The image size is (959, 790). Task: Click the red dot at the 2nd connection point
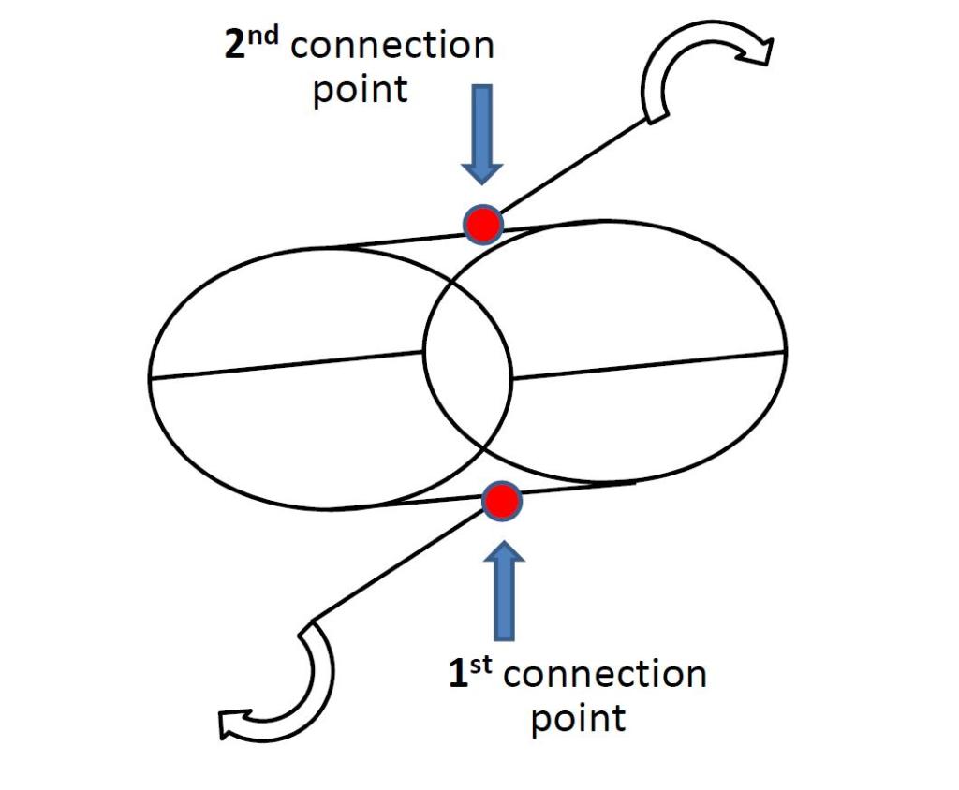(x=484, y=224)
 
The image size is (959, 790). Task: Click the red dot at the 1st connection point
(x=502, y=501)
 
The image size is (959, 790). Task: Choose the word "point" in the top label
(x=360, y=92)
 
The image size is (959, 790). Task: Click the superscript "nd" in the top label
(x=270, y=36)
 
